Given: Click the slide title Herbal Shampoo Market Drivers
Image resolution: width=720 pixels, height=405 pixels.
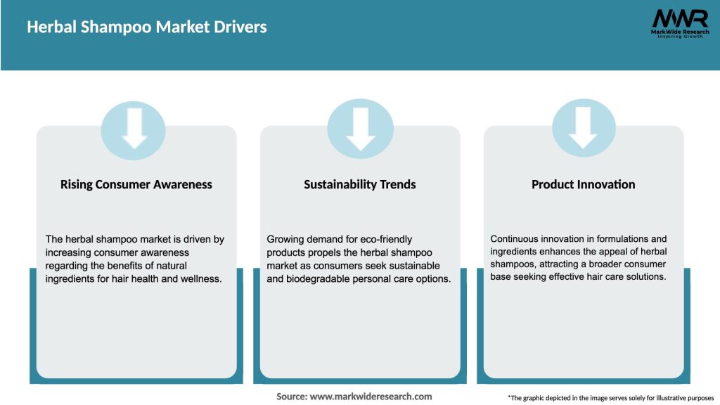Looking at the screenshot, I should click(x=147, y=27).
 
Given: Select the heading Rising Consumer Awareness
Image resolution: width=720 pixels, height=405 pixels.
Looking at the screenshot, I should click(x=136, y=185).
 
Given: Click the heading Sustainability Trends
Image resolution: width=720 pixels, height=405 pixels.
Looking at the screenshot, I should click(x=360, y=185).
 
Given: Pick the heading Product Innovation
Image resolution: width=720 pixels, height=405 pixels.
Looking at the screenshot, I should click(x=584, y=185).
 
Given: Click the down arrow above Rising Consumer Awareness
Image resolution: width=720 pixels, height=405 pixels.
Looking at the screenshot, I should click(x=134, y=129).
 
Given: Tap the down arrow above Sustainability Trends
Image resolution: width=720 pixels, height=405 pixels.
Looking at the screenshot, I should click(x=360, y=129).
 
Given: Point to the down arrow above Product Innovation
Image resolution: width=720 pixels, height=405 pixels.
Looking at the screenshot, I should click(x=583, y=129).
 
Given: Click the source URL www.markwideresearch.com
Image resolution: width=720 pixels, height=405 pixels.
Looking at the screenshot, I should click(x=371, y=397).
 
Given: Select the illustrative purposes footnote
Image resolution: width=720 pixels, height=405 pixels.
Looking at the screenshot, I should click(x=610, y=398).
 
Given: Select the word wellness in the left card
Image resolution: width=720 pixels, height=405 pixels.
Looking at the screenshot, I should click(x=199, y=279).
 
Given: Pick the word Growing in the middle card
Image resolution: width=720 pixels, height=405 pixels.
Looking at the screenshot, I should click(x=285, y=239).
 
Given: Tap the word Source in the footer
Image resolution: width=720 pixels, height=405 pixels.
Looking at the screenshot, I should click(x=291, y=397).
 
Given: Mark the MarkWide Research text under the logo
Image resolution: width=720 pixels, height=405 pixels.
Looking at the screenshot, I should click(x=679, y=32).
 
